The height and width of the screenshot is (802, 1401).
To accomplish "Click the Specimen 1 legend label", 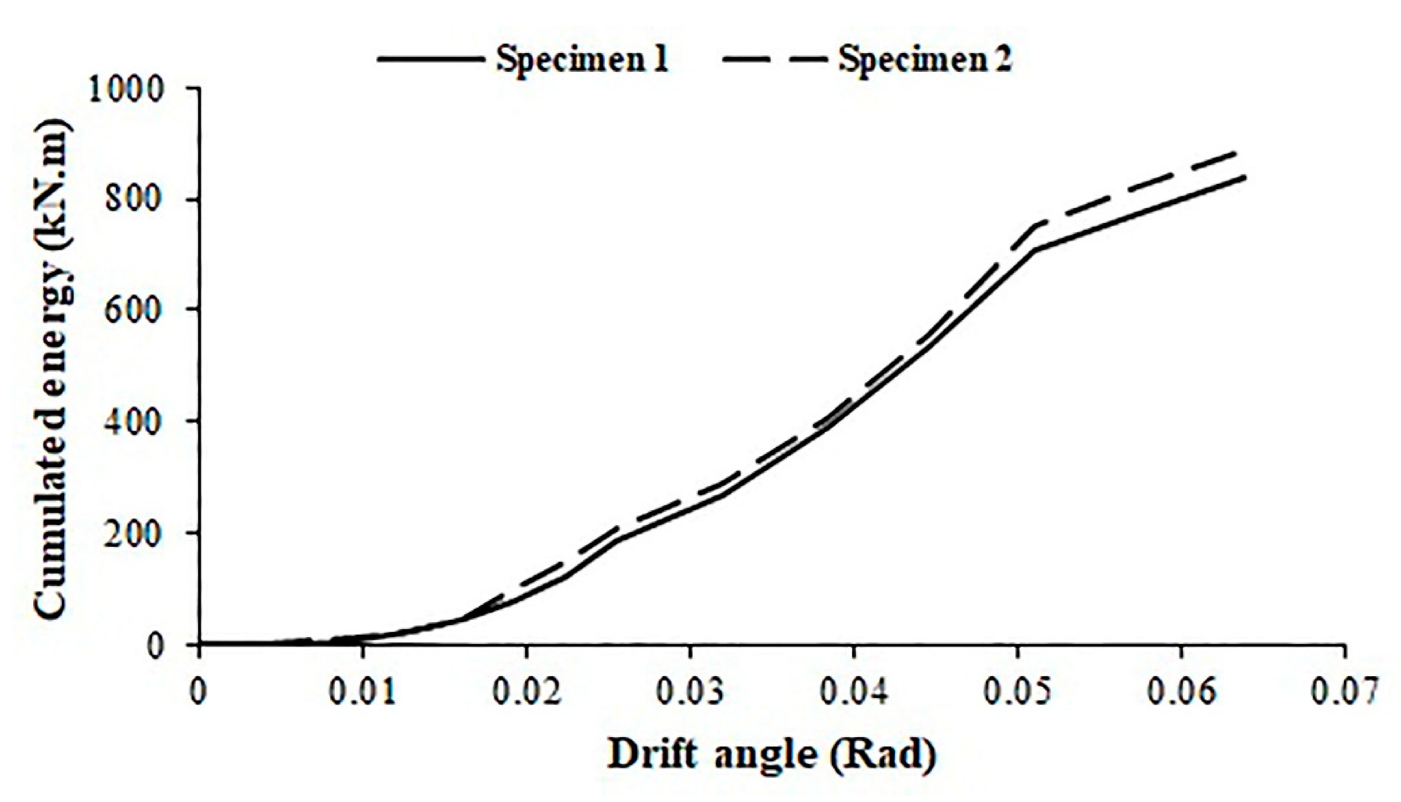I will pyautogui.click(x=583, y=60).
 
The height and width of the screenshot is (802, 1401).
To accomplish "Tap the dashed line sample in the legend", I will pyautogui.click(x=773, y=59).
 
